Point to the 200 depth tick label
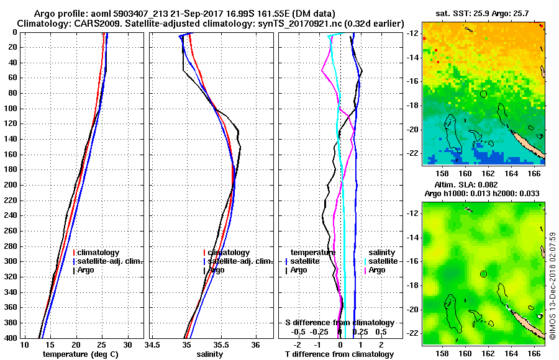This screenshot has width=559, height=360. (11, 185)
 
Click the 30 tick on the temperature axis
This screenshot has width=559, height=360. (127, 344)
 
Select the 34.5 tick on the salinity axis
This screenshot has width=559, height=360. (153, 344)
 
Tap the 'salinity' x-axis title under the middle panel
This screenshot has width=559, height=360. (211, 354)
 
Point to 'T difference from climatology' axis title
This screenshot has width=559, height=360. (340, 354)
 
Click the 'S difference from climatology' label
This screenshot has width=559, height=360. (340, 323)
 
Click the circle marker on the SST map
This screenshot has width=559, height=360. (483, 94)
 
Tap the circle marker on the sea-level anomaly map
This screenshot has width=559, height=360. (483, 274)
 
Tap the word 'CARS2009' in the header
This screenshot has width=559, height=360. (80, 23)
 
